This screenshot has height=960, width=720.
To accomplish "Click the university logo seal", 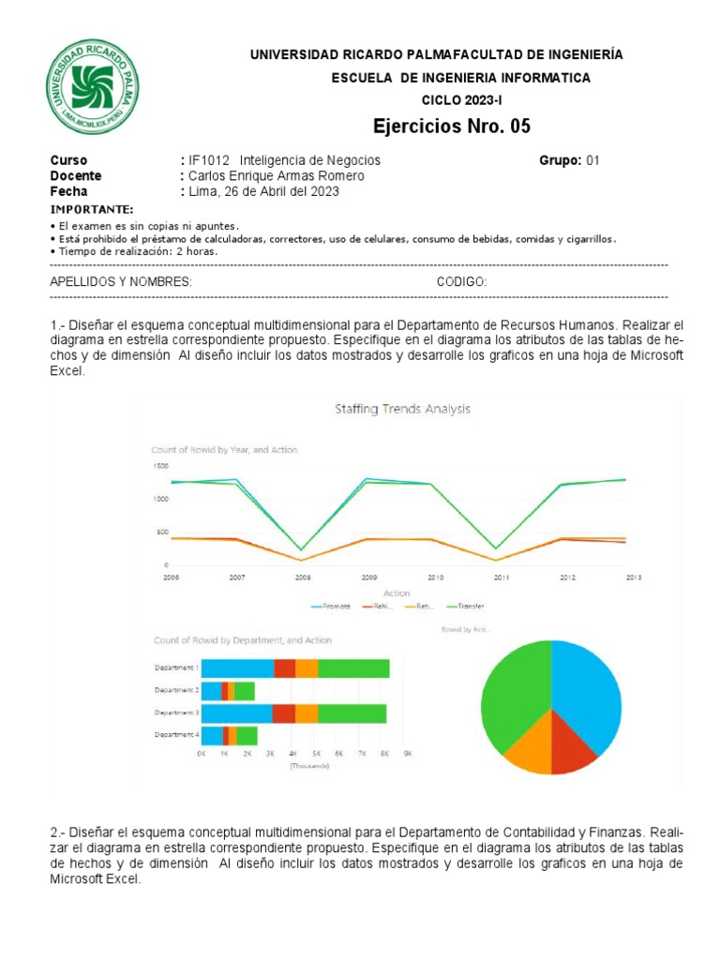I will (91, 86).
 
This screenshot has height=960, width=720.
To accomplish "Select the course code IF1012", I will (209, 160).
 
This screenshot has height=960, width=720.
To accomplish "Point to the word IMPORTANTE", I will (91, 208).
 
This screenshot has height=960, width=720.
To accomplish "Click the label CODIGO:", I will (461, 282).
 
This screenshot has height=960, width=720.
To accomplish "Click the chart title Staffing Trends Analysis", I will (402, 409).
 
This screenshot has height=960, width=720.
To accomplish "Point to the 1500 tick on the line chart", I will (160, 466).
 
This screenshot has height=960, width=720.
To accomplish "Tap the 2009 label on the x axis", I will (369, 578).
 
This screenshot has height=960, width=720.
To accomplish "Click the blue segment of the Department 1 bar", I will (237, 668).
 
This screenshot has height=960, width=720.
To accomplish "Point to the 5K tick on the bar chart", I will (316, 753).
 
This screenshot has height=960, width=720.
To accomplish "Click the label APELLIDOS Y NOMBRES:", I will (120, 282).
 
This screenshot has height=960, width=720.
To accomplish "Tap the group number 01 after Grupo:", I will (592, 160).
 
